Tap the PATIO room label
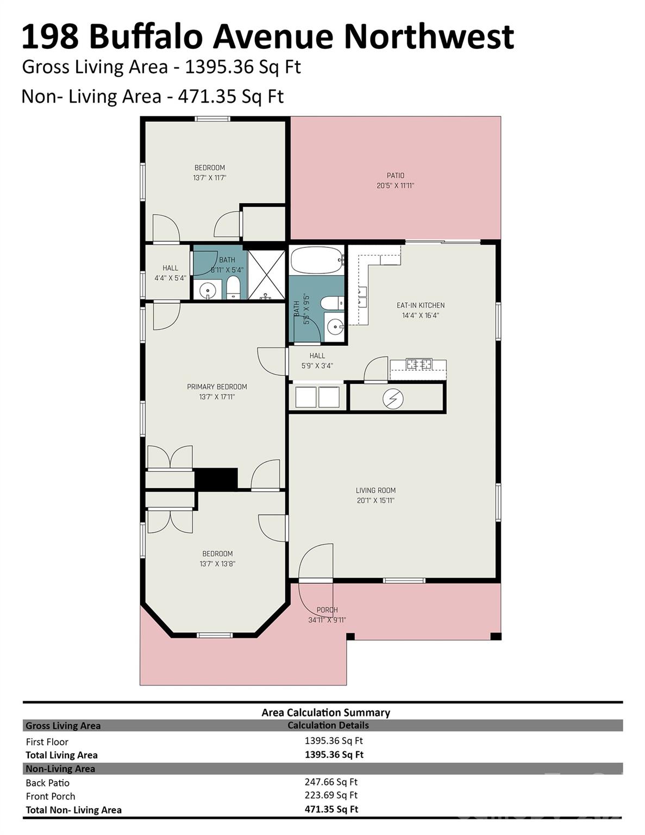395,176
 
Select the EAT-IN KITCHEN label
420,306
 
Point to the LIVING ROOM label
375,490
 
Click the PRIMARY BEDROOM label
217,387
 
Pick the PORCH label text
327,610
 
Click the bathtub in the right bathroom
316,260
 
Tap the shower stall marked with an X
266,274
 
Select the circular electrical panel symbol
392,399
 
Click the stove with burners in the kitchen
419,364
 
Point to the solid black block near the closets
216,479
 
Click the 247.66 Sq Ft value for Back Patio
331,782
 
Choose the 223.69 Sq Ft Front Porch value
331,795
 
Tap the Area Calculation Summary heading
325,713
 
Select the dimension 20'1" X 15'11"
375,501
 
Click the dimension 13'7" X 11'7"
209,178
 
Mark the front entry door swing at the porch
316,563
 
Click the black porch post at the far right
495,636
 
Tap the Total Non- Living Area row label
73,810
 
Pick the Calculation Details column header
328,726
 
